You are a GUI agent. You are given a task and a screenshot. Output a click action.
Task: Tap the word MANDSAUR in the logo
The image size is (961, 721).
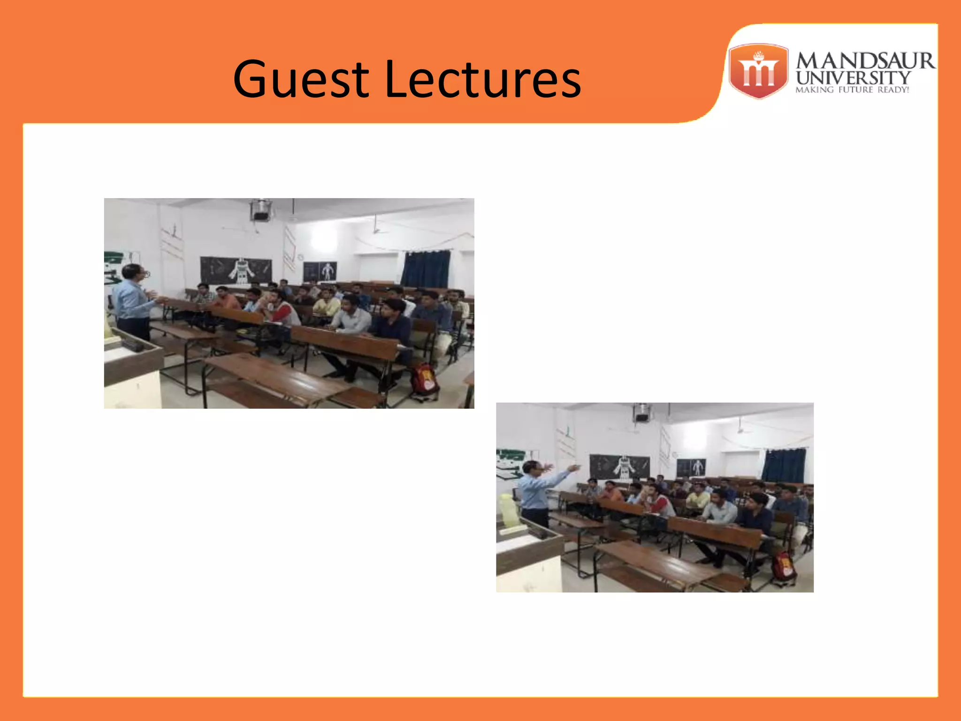click(865, 61)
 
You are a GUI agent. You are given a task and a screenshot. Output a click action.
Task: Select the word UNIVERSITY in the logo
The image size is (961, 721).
click(853, 77)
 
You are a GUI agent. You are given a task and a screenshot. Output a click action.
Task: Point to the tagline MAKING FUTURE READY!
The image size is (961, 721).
click(852, 90)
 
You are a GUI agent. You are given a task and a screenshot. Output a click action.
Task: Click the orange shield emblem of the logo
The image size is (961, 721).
click(758, 71)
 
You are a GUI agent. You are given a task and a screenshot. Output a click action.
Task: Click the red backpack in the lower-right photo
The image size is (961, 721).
click(783, 567)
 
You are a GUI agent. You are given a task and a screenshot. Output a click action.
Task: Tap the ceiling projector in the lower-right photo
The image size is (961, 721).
click(641, 413)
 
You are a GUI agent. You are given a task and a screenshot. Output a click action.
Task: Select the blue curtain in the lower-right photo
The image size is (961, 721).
click(783, 465)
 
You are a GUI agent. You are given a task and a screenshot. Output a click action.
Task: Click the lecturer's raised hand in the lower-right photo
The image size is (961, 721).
click(573, 468)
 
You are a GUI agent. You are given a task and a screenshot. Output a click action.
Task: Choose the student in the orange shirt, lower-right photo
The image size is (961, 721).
click(611, 491)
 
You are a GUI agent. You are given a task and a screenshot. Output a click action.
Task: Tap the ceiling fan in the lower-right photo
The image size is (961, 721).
click(740, 428)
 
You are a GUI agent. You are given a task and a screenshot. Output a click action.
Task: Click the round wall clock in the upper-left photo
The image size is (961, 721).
click(299, 257)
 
